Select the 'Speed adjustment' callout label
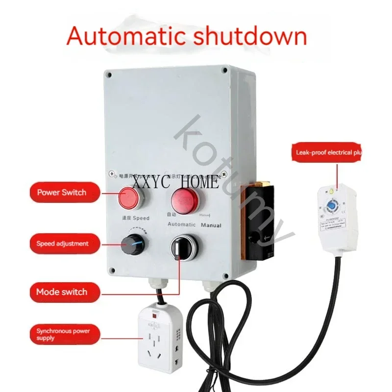(62, 243)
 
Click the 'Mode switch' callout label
(62, 292)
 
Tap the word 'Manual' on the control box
(211, 225)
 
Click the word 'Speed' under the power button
(140, 218)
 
